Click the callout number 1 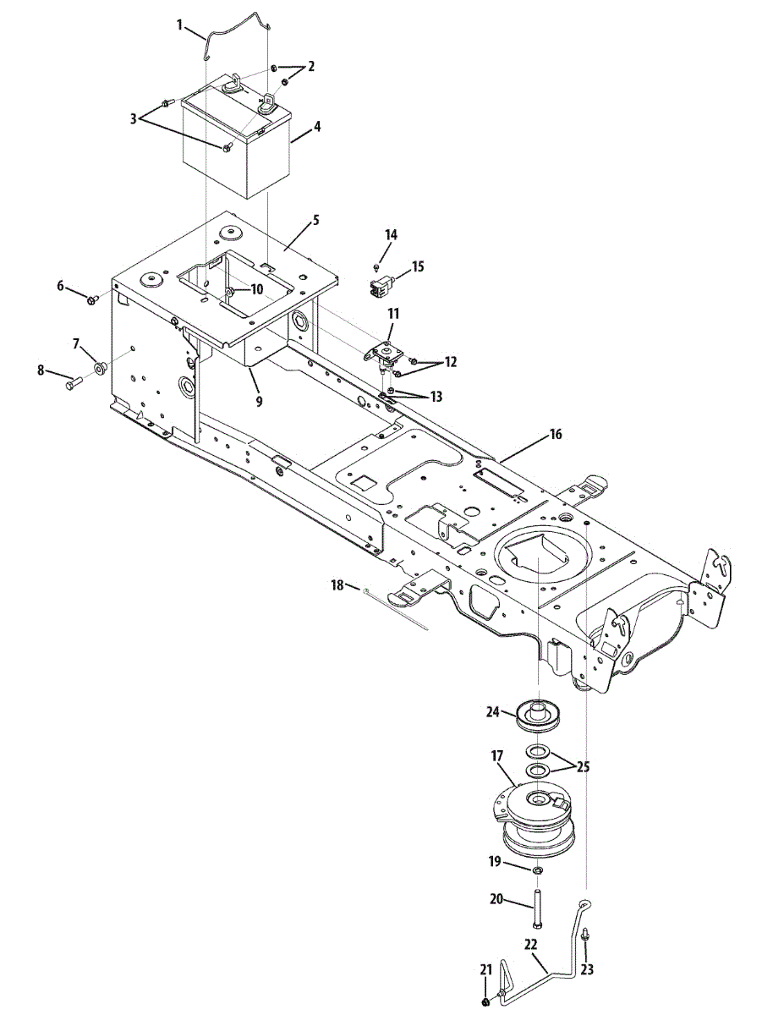click(x=180, y=25)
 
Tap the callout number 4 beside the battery click(x=316, y=128)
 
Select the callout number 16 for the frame click(x=555, y=435)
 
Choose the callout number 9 click(x=259, y=401)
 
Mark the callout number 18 click(x=337, y=584)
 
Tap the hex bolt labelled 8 click(x=71, y=383)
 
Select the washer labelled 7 click(x=100, y=368)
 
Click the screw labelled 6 click(x=92, y=299)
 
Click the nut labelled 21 click(x=484, y=1002)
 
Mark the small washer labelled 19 click(x=538, y=870)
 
